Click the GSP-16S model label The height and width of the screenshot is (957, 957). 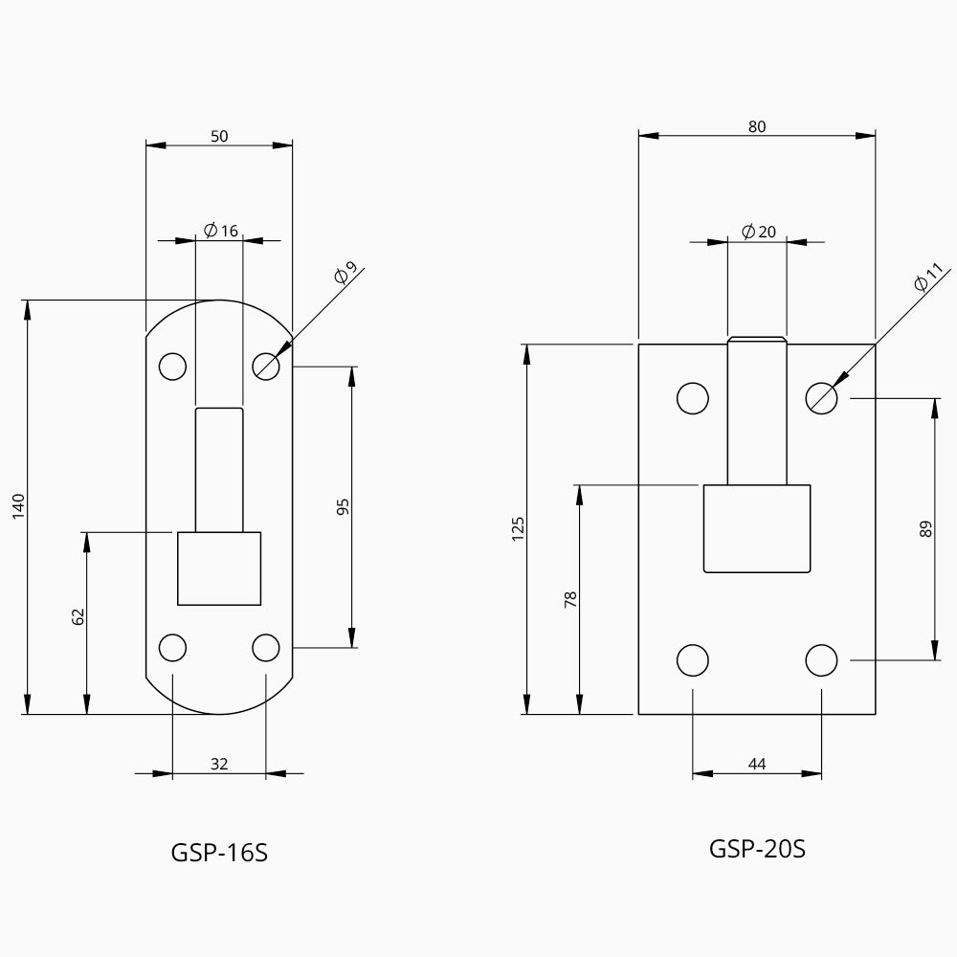(x=219, y=853)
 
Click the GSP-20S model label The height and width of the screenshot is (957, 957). (x=757, y=848)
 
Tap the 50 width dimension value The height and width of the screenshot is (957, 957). (x=219, y=136)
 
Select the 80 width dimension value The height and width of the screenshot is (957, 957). (x=757, y=126)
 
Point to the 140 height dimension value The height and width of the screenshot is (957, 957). (x=18, y=506)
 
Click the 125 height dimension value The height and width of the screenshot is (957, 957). (x=518, y=528)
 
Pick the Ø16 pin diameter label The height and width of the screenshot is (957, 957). (x=221, y=231)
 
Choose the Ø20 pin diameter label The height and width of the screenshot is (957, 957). (x=759, y=232)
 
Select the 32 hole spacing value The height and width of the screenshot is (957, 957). (x=219, y=764)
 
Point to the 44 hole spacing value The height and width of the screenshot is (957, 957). (x=757, y=764)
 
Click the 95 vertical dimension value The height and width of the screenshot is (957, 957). (x=344, y=506)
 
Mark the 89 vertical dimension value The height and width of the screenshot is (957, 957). (x=925, y=528)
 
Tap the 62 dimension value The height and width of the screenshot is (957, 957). (x=78, y=617)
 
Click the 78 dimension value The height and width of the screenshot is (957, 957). (x=570, y=600)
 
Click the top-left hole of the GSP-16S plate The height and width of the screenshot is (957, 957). (x=172, y=366)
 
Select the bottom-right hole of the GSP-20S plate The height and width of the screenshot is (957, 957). (x=821, y=660)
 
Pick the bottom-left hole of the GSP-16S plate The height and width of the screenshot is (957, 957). (x=172, y=648)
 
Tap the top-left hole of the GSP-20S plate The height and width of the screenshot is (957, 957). (x=693, y=397)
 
